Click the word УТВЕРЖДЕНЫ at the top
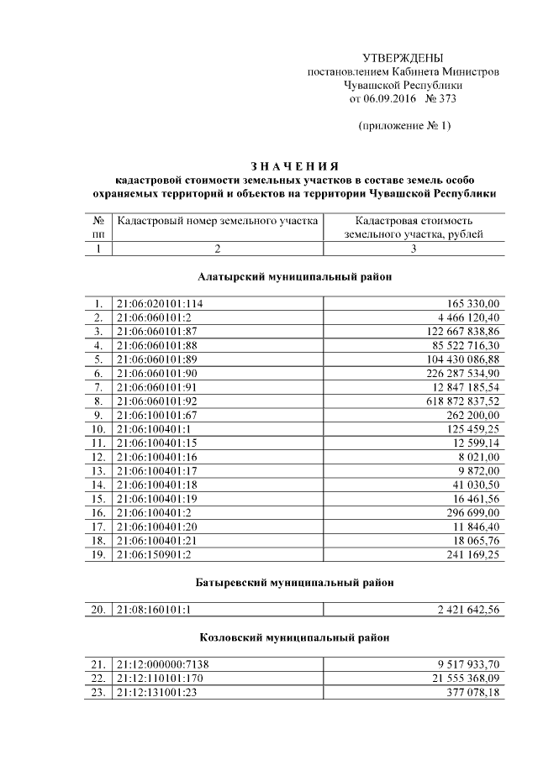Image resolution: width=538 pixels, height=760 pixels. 402,57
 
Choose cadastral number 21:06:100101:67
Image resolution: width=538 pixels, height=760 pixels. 157,415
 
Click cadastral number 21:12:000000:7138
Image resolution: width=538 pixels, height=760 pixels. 163,664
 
